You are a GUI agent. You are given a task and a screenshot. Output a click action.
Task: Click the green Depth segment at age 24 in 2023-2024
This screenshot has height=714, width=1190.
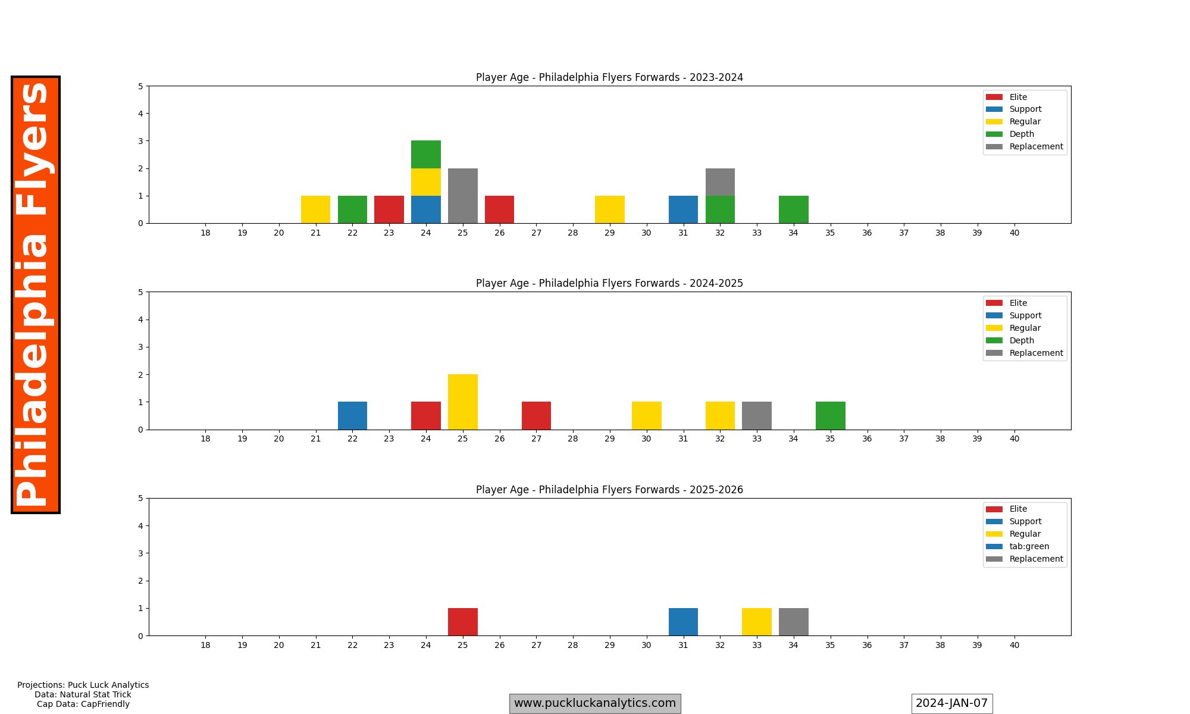pos(426,155)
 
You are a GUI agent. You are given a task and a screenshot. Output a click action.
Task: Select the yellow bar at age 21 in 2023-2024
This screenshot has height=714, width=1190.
pos(315,209)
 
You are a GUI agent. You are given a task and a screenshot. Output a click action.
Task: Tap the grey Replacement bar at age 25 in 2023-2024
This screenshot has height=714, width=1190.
pos(463,196)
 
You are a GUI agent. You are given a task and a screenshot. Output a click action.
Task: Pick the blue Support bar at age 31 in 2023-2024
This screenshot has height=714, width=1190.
pos(683,209)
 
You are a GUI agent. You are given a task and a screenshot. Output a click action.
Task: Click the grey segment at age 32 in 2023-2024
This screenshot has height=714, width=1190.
pos(720,182)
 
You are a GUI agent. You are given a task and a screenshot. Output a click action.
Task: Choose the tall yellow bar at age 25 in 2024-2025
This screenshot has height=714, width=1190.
pos(463,402)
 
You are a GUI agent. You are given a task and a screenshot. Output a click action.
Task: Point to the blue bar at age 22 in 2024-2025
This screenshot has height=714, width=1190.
pos(352,415)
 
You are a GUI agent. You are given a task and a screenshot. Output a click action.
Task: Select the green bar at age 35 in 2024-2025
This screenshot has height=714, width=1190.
pos(830,415)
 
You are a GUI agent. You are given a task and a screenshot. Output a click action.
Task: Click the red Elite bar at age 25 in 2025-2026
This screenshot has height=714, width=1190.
pos(463,622)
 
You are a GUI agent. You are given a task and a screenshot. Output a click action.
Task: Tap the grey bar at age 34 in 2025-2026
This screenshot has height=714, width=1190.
pos(793,622)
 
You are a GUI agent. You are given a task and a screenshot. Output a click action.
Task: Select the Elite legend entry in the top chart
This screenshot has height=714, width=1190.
pos(1018,97)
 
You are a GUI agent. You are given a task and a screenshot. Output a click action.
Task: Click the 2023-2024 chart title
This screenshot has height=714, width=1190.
pos(609,77)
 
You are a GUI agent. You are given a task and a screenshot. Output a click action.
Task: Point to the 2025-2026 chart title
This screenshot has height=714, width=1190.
pos(609,490)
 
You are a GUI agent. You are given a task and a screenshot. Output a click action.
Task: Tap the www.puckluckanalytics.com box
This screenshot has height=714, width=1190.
pos(595,703)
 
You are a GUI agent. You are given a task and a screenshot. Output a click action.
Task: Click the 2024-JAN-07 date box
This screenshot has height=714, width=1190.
pos(951,703)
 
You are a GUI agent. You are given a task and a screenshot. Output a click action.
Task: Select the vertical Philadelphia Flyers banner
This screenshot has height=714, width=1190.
pos(36,295)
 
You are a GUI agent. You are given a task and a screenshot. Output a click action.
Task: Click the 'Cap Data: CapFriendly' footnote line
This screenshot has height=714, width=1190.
pos(83,704)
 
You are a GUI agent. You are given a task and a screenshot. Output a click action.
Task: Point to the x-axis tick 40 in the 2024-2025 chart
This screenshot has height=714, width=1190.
pos(1014,439)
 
